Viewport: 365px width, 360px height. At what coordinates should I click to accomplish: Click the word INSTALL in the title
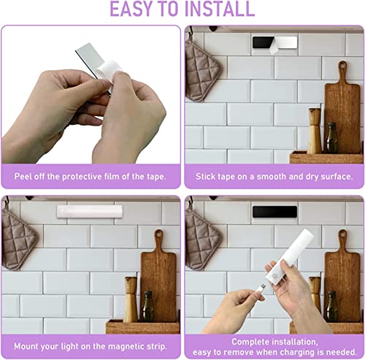220,9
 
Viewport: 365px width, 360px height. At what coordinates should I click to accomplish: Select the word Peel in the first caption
22,176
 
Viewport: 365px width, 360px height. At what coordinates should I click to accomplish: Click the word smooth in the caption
272,176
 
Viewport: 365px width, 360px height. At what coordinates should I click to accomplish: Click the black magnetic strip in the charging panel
274,212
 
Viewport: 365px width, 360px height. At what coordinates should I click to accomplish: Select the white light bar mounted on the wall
90,211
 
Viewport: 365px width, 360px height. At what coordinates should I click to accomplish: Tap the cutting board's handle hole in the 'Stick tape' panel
342,65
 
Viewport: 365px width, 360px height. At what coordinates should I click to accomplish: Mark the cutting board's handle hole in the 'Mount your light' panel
159,234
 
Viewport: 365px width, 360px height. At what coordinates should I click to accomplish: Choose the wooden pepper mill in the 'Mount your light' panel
131,299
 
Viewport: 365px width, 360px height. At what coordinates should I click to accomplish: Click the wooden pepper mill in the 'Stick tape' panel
315,131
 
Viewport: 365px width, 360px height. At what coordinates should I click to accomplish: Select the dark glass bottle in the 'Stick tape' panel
332,138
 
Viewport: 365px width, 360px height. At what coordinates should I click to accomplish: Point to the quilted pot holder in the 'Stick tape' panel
203,71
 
